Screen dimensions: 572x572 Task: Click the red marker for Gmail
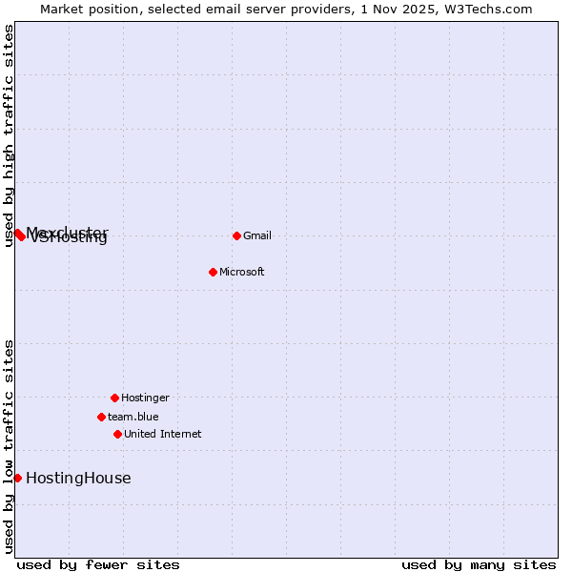[236, 235]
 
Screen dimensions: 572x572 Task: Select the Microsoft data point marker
[213, 272]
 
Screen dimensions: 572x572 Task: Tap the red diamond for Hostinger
[114, 398]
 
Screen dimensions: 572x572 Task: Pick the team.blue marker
[101, 417]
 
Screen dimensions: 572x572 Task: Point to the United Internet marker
[117, 434]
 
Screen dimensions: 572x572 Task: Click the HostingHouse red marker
[17, 478]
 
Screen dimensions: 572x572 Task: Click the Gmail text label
[257, 235]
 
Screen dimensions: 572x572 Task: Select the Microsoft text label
[241, 272]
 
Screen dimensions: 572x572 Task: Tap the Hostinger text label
[145, 398]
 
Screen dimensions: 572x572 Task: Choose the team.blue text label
[133, 417]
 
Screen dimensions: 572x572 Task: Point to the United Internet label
[162, 434]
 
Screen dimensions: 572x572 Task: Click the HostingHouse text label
[78, 479]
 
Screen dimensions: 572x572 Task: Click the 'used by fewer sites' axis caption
[98, 564]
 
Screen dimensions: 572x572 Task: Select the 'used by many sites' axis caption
[479, 564]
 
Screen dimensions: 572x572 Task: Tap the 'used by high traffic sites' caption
[9, 135]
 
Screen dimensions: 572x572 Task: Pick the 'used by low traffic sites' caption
[9, 446]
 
